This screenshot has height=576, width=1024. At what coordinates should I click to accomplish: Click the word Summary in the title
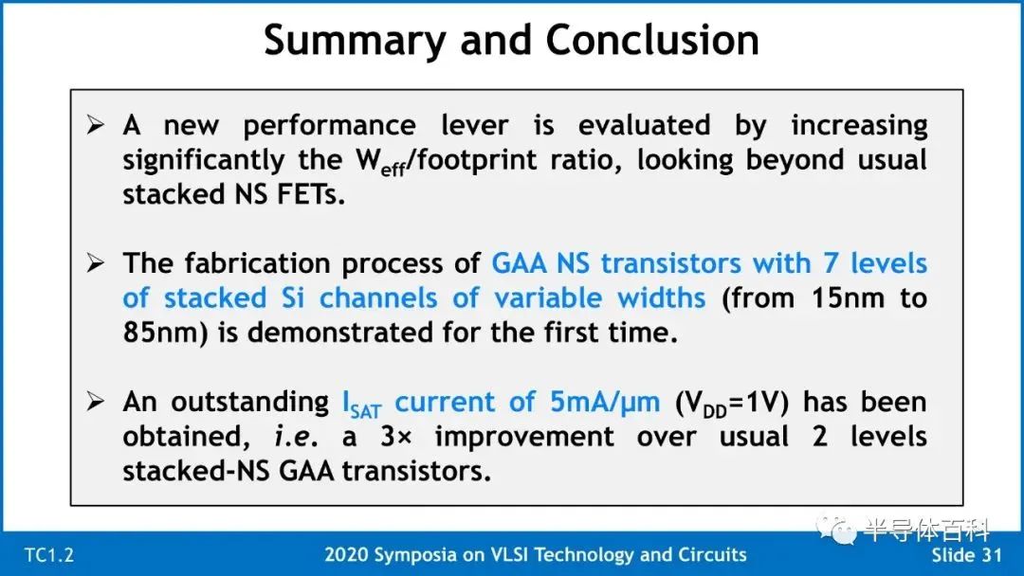(355, 42)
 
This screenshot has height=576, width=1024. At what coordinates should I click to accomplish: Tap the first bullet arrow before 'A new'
(96, 125)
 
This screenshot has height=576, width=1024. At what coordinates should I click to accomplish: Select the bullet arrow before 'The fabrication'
(96, 262)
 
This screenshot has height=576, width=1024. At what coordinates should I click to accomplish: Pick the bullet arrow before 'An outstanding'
(96, 401)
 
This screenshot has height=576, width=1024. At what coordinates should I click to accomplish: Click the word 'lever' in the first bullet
(474, 125)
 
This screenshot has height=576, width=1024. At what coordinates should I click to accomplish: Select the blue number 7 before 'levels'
(830, 262)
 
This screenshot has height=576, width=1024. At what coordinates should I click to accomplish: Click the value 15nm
(848, 298)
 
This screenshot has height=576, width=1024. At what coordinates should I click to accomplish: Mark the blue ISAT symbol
(362, 405)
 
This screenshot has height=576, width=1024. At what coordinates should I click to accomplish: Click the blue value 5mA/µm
(605, 403)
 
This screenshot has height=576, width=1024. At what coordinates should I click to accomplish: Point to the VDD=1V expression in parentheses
(732, 404)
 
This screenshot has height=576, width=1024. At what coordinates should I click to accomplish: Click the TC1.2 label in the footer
(49, 555)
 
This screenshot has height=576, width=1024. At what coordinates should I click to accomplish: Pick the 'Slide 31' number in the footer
(966, 555)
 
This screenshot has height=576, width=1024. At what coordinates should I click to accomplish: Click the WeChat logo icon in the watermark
(836, 529)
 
